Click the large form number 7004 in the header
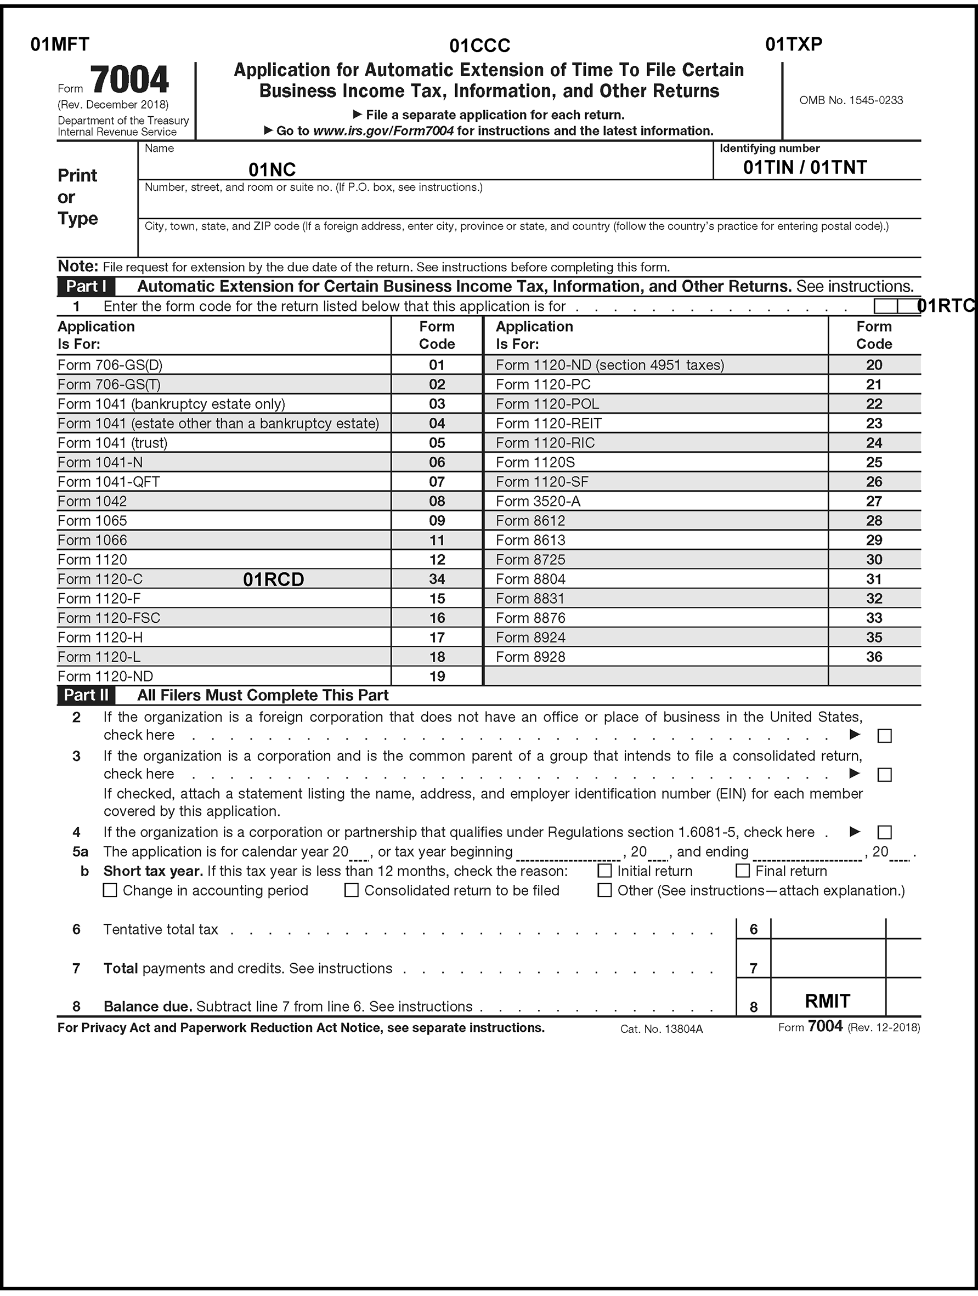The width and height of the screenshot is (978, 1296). [129, 81]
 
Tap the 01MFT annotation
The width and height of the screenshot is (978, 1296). [60, 44]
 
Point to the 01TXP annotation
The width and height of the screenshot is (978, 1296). [793, 44]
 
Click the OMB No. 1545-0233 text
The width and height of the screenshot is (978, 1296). [851, 100]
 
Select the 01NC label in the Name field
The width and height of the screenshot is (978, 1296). [272, 170]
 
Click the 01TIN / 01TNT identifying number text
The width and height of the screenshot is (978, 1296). [805, 168]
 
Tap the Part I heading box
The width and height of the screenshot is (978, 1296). [86, 287]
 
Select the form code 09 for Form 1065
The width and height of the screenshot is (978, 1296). [437, 521]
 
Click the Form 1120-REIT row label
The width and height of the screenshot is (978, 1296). [548, 424]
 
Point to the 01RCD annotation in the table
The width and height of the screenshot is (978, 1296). [273, 579]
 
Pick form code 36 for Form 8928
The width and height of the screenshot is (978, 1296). [874, 657]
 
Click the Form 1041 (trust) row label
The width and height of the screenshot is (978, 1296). [112, 443]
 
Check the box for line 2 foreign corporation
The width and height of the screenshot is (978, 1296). [884, 736]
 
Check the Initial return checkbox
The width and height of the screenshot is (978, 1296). [604, 871]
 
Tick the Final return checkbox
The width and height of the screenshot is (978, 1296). [742, 871]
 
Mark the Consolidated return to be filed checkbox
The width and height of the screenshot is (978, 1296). [351, 890]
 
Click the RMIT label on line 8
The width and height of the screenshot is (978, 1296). [827, 1001]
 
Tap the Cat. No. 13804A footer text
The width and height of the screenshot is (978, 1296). [661, 1029]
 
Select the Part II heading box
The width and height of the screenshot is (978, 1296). [86, 696]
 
